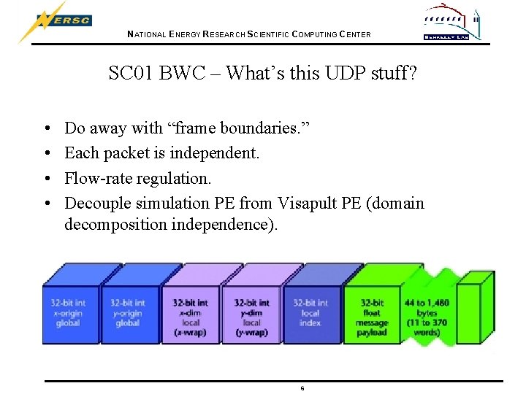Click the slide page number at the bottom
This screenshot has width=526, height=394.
[302, 387]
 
